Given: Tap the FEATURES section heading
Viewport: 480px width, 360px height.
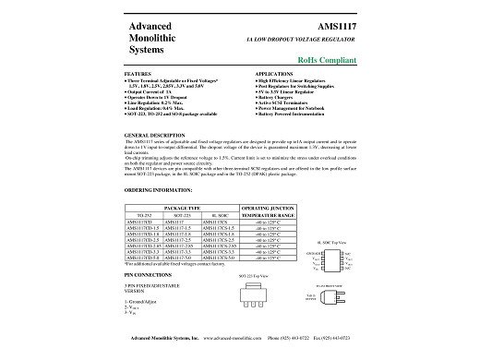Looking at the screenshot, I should (x=137, y=72).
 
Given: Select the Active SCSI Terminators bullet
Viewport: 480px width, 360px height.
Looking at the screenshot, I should (x=287, y=102).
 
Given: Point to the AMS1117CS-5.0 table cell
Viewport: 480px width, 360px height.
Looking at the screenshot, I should (x=217, y=257).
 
